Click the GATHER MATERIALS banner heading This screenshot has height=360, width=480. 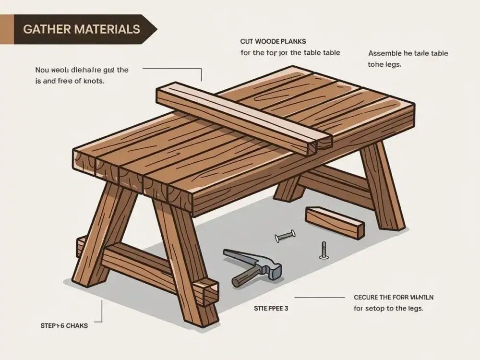(x=81, y=29)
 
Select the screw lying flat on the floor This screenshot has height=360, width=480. (x=285, y=236)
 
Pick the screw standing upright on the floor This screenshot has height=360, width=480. (x=324, y=251)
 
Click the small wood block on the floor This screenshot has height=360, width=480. (x=335, y=222)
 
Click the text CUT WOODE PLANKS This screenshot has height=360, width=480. (x=273, y=42)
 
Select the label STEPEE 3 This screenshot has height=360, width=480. (x=271, y=309)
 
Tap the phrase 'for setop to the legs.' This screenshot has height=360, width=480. (x=388, y=309)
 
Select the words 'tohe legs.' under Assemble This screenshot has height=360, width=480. (x=384, y=64)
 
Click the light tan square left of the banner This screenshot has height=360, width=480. (x=7, y=29)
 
